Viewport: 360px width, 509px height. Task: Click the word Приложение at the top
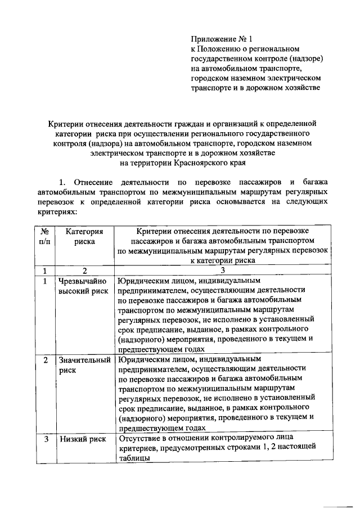(x=212, y=39)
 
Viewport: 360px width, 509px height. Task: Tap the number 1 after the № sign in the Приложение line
(x=251, y=39)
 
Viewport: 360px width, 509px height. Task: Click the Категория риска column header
(x=84, y=236)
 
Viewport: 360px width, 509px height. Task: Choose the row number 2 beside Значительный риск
(x=45, y=359)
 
